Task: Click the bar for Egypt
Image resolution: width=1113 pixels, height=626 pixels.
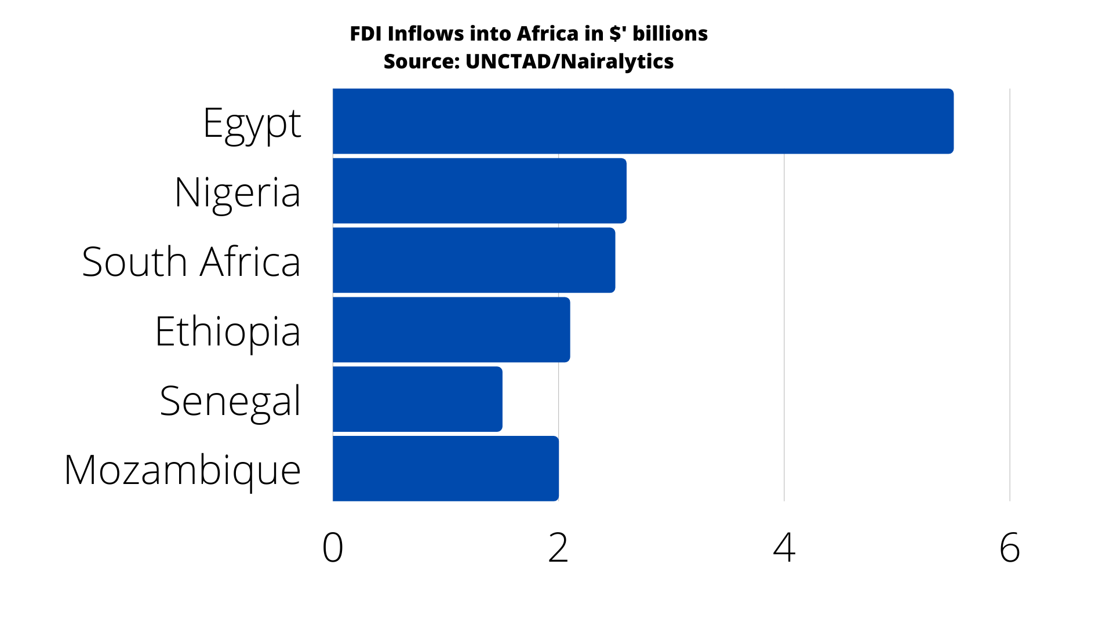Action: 643,121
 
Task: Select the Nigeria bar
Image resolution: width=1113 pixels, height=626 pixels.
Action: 479,191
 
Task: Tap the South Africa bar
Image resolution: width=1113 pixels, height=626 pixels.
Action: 474,260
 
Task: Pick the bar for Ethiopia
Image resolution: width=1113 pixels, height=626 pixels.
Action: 451,330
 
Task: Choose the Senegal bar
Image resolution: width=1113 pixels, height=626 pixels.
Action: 417,399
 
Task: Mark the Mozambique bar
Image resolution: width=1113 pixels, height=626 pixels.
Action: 445,469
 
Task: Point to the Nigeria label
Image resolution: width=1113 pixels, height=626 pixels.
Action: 238,192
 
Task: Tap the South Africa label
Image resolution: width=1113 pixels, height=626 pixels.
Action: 191,262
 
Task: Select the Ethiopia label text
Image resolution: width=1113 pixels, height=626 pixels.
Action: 228,332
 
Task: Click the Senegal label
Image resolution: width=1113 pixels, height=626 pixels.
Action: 230,402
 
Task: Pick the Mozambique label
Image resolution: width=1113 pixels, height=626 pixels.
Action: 183,471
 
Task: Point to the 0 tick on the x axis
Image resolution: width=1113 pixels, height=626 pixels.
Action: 333,548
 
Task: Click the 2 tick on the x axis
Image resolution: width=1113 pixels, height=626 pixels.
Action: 558,548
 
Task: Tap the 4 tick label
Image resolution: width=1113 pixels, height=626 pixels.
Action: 784,548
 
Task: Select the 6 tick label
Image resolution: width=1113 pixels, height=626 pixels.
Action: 1010,548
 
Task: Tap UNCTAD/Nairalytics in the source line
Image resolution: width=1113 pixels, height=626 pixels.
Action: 569,61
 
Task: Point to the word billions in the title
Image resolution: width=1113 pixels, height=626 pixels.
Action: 670,34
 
